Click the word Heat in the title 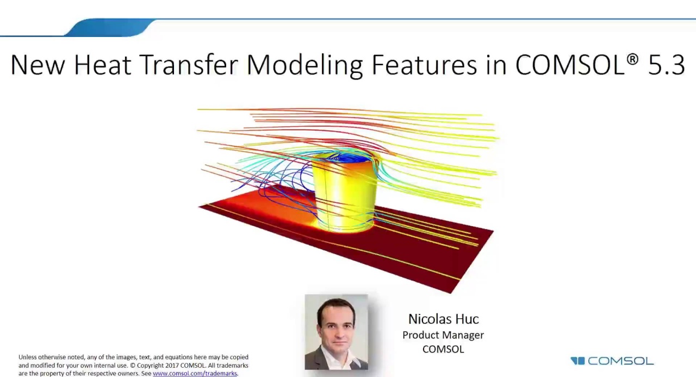[102, 64]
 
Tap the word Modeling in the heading [304, 65]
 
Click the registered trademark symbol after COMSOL [632, 59]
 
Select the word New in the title [38, 64]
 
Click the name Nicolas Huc [443, 319]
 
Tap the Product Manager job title [443, 335]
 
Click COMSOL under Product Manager [443, 349]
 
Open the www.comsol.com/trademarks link [195, 374]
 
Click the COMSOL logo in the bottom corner [612, 361]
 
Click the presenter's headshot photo [336, 332]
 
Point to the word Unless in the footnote [29, 357]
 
